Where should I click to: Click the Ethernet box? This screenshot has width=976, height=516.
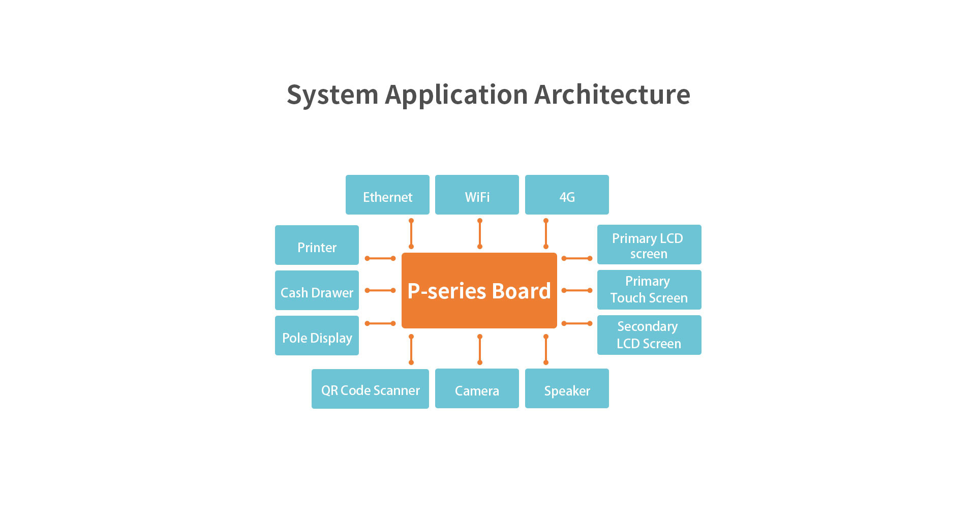pos(387,195)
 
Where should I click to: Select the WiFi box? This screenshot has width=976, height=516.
pos(477,195)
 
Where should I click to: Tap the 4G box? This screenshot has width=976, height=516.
pos(567,195)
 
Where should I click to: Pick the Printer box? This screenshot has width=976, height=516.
pos(317,245)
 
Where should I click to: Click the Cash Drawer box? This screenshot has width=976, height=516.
pos(317,290)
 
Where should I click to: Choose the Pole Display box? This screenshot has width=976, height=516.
pos(317,336)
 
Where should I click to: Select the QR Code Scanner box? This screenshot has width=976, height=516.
pos(370,389)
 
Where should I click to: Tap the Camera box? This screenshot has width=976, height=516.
pos(477,389)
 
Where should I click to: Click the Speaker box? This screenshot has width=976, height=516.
pos(567,389)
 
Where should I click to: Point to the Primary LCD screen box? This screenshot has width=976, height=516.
pos(649,245)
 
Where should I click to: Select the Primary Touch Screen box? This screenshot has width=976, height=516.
pos(649,290)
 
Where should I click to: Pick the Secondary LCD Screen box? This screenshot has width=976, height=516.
pos(649,335)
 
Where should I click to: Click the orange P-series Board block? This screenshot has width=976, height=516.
pos(479,290)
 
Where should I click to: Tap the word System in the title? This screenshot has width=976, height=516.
pos(332,95)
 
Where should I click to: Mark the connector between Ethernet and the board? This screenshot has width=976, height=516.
pos(411,233)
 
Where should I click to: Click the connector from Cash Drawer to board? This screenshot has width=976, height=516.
pos(380,290)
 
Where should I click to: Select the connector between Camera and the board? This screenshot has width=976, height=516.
pos(480,349)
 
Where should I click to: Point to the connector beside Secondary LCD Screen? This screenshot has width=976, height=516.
pos(577,323)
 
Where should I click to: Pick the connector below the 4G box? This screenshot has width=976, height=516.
pos(546,233)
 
